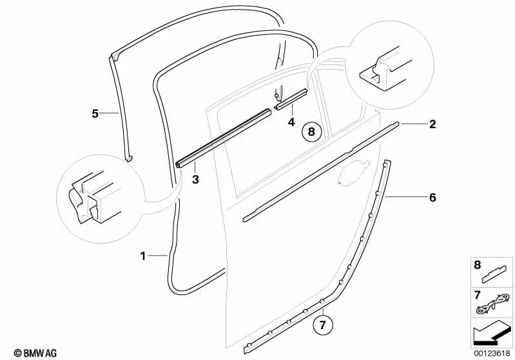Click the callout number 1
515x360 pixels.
(x=143, y=256)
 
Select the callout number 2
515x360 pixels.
(x=432, y=124)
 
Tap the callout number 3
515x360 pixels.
(x=195, y=180)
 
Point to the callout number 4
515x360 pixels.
(x=291, y=122)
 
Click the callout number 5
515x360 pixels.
(x=95, y=114)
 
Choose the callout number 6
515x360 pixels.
(x=432, y=198)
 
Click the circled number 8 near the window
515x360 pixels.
(x=311, y=131)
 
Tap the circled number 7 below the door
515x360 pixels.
(x=322, y=325)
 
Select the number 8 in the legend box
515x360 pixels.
(x=477, y=265)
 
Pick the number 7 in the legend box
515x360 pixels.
(x=477, y=295)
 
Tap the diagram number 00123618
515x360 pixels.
(x=492, y=353)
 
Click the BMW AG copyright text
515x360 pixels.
(x=35, y=353)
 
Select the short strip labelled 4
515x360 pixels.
(x=291, y=99)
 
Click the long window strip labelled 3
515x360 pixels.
(x=224, y=138)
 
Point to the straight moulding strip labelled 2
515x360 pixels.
(x=321, y=172)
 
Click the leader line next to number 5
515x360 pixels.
(x=108, y=113)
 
